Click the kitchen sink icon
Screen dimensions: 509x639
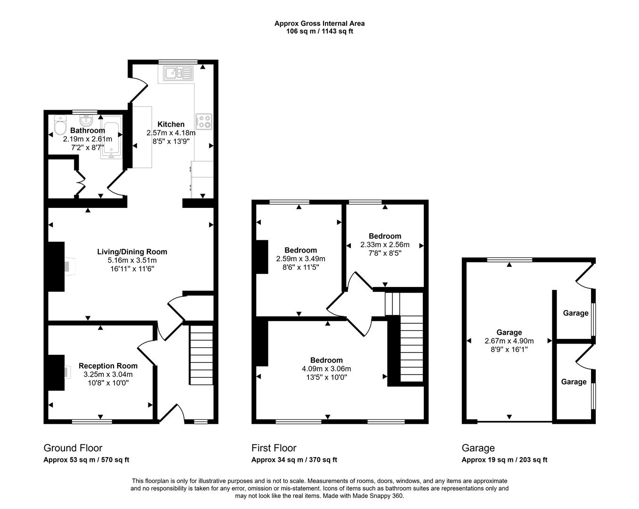tap(178, 73)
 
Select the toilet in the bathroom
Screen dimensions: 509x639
tap(60, 125)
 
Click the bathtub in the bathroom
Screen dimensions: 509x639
tap(112, 139)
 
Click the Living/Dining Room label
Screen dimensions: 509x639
tap(132, 252)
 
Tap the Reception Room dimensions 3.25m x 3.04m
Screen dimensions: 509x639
tap(108, 374)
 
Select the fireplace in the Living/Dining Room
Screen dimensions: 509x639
tap(57, 266)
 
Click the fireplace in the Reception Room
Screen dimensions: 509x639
tap(57, 372)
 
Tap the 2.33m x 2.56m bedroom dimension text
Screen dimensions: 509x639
tap(385, 245)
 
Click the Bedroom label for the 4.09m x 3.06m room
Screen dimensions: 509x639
tap(326, 360)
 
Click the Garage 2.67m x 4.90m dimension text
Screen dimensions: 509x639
tap(509, 341)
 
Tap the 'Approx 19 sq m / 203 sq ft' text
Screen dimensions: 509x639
tap(504, 460)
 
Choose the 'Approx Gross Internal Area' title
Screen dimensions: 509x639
tap(319, 23)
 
